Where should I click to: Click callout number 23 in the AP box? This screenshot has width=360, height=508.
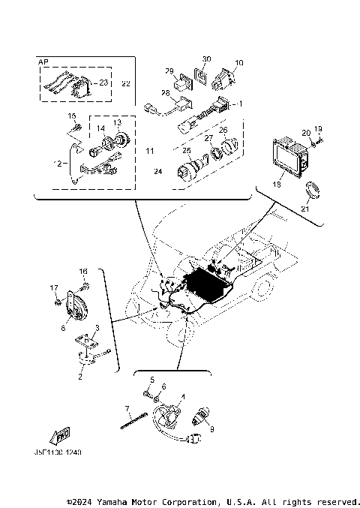(x=103, y=83)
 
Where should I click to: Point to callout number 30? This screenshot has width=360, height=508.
(x=206, y=59)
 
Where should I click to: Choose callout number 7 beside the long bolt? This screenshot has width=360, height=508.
(x=127, y=408)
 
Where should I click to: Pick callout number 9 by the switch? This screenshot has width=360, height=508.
(x=211, y=428)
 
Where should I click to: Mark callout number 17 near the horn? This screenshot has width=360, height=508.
(x=54, y=287)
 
